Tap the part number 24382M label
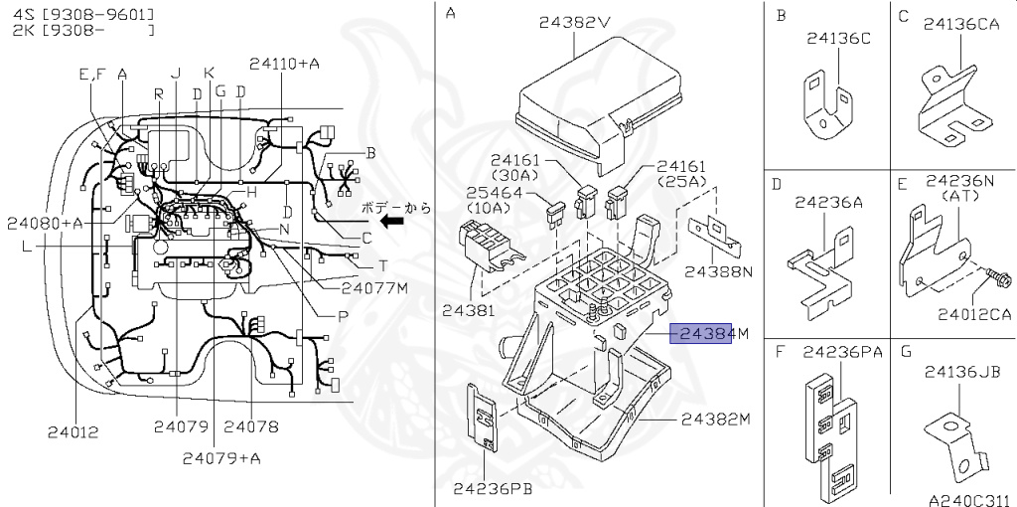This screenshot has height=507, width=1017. (x=715, y=420)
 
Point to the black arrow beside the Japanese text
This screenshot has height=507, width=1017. (x=391, y=222)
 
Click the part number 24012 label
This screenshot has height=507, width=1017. (x=73, y=431)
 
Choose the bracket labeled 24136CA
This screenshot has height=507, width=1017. (x=954, y=106)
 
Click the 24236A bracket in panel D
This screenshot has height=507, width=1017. (x=819, y=273)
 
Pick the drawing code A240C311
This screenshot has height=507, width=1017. (x=970, y=500)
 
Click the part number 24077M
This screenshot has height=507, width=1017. (x=374, y=287)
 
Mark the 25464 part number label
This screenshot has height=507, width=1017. (x=494, y=193)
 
